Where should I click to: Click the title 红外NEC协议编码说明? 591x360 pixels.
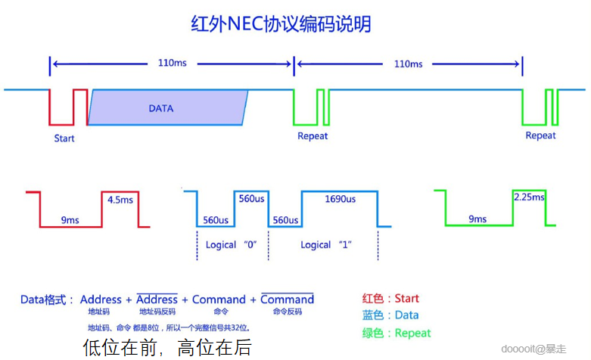281,24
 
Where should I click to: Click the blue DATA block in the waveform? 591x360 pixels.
167,108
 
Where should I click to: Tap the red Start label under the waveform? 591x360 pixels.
64,138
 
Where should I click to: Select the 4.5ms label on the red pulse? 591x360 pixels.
121,200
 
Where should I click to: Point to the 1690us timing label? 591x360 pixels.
340,200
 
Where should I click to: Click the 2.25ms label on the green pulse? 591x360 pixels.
529,197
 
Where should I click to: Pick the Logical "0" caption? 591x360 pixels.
231,245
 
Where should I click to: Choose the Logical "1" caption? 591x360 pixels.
326,245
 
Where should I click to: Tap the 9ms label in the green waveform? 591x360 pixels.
477,219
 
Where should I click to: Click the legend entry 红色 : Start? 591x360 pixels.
390,299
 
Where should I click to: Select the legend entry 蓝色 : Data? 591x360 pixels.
390,315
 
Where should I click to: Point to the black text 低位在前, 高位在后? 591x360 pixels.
166,347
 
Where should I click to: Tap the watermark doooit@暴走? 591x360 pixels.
533,349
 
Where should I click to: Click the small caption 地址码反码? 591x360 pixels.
157,312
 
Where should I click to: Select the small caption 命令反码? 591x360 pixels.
287,312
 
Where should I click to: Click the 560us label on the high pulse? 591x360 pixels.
250,200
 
